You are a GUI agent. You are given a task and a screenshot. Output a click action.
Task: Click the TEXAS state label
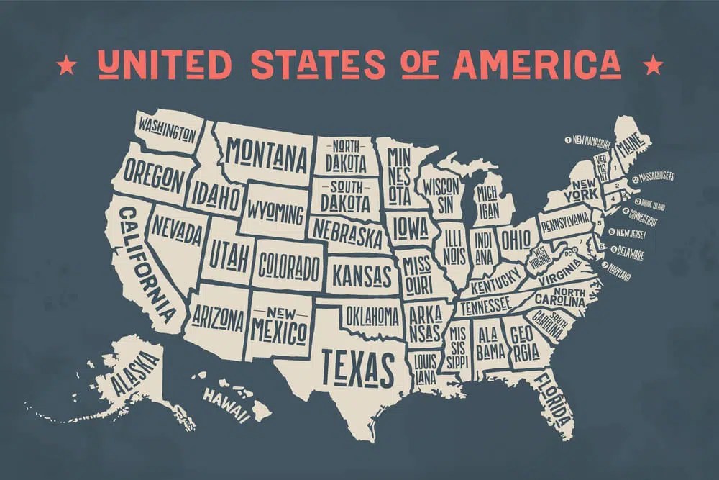click(357, 368)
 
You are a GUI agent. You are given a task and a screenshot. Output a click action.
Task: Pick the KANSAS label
click(362, 274)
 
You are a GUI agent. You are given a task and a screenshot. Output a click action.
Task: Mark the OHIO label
click(515, 237)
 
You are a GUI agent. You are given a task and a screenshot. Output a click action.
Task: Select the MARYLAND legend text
click(618, 272)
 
